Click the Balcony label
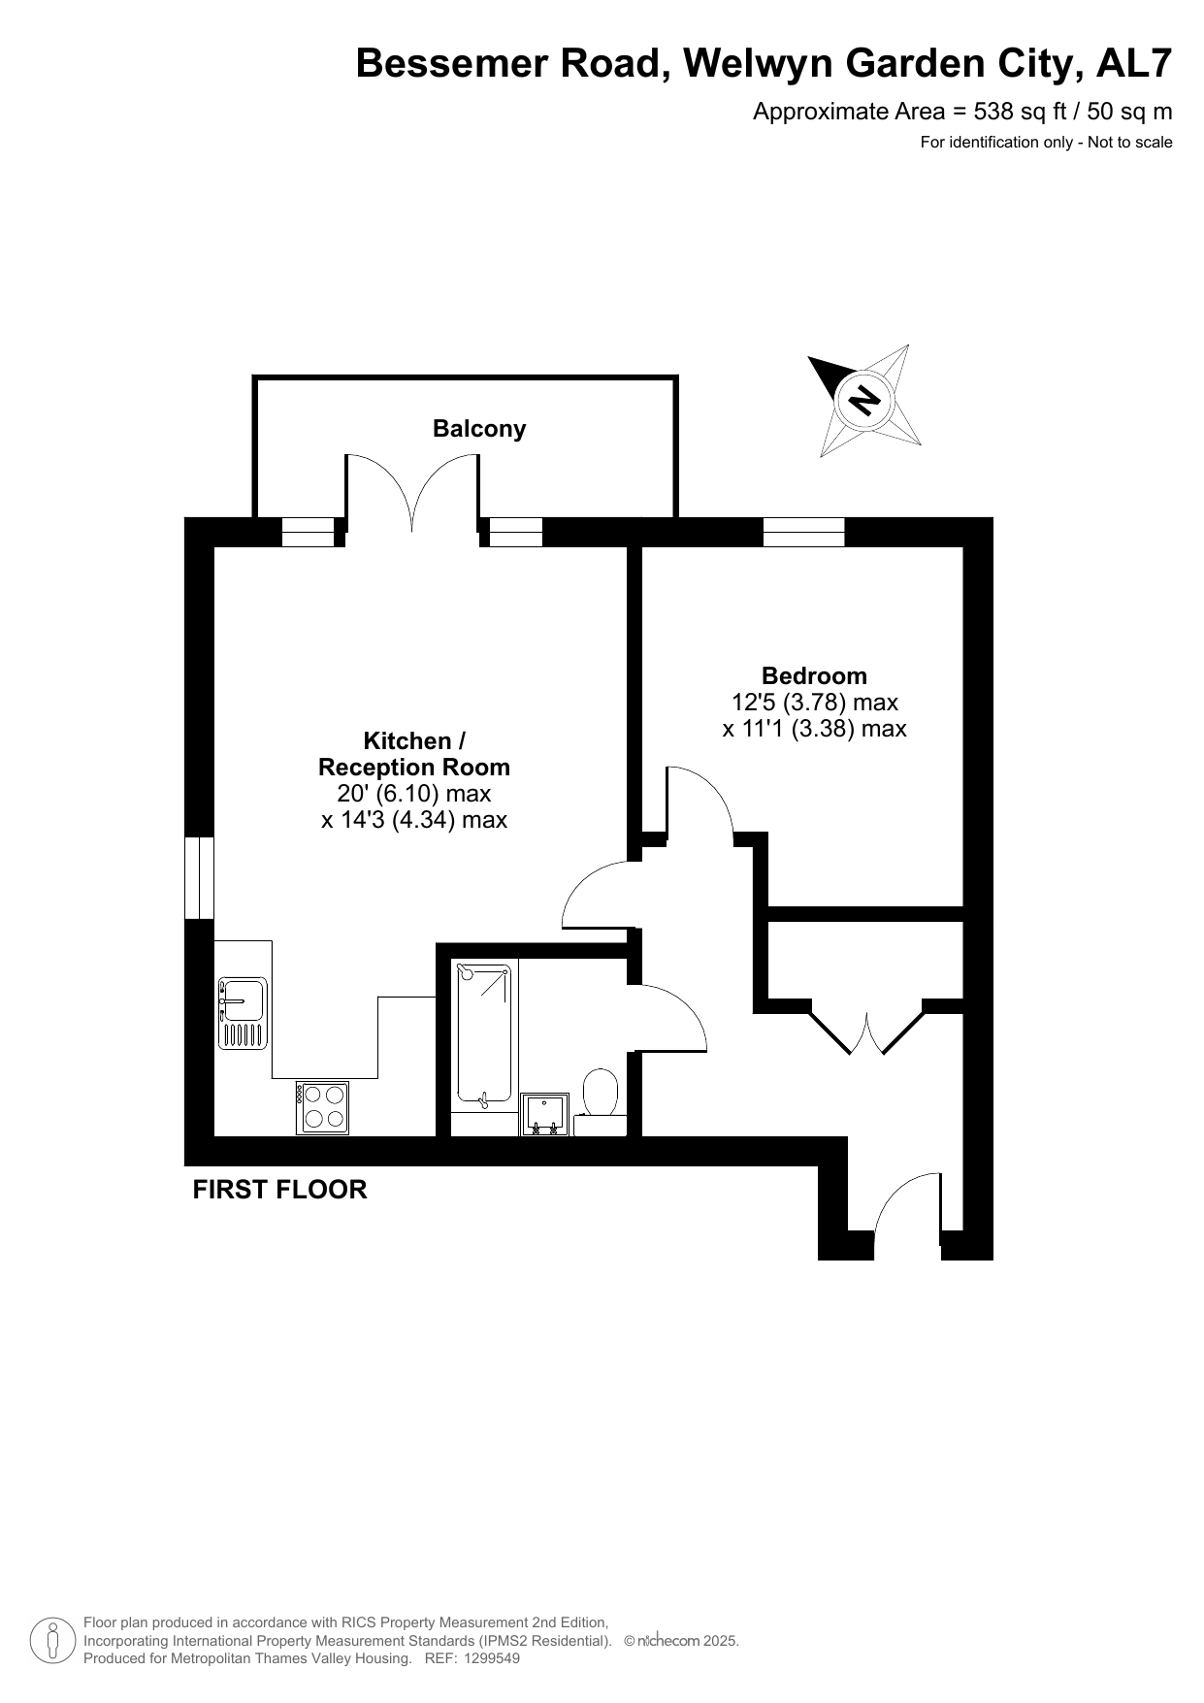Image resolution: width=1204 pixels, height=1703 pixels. pyautogui.click(x=479, y=429)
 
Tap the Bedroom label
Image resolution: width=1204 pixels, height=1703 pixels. pyautogui.click(x=814, y=675)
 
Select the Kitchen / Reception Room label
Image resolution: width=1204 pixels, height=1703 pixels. pyautogui.click(x=414, y=754)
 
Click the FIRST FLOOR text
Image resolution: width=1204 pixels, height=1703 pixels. pyautogui.click(x=279, y=1190)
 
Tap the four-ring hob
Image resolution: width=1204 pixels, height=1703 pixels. pyautogui.click(x=323, y=1107)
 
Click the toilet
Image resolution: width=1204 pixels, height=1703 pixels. pyautogui.click(x=601, y=1101)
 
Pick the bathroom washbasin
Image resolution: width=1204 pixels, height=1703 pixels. pyautogui.click(x=545, y=1114)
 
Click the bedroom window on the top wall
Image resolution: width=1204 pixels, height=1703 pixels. pyautogui.click(x=803, y=532)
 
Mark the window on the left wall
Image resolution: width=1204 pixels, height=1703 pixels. pyautogui.click(x=199, y=877)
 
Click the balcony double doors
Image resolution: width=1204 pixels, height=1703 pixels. pyautogui.click(x=412, y=492)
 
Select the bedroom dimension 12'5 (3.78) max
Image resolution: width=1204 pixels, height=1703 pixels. pyautogui.click(x=815, y=702)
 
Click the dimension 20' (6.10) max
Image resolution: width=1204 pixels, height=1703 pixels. pyautogui.click(x=414, y=794)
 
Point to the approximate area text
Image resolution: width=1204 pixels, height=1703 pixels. pyautogui.click(x=962, y=112)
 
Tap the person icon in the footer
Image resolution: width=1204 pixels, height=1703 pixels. pyautogui.click(x=52, y=1641)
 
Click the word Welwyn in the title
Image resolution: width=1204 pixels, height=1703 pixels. pyautogui.click(x=759, y=64)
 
